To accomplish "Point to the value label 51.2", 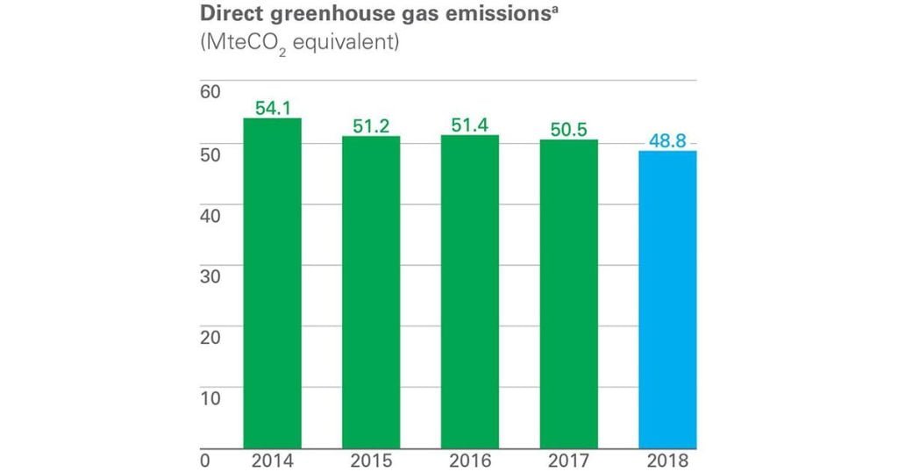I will (x=371, y=126).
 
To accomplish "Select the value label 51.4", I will (x=470, y=125).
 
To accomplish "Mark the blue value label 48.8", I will (x=667, y=141).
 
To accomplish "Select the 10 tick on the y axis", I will (x=213, y=397).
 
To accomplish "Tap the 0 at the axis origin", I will (x=207, y=460).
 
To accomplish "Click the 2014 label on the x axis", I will (x=272, y=460).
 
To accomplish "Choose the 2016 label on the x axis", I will (x=470, y=460).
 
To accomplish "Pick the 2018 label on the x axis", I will (x=667, y=460).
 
